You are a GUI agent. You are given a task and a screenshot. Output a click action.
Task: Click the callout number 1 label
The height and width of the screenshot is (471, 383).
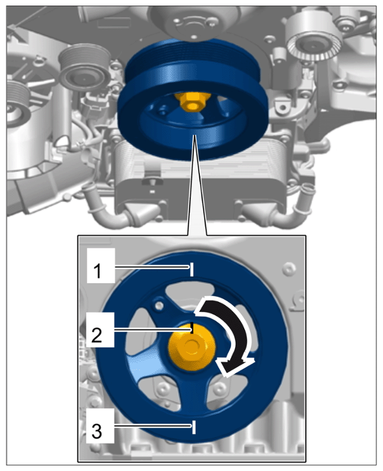pos(97,271)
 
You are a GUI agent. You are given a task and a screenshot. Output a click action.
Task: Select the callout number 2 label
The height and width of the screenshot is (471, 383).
pos(97,335)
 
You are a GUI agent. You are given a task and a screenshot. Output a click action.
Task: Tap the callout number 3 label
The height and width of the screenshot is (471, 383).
pos(97,431)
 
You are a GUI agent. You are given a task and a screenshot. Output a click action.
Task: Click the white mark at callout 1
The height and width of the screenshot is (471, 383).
pos(191,269)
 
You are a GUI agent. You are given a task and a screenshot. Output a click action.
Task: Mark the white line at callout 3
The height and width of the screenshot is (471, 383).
pos(194,427)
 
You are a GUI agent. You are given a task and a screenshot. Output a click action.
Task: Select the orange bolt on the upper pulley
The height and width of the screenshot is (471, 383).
pos(193,101)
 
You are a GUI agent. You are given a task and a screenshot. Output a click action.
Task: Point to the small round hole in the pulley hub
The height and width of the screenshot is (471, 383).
pos(159,305)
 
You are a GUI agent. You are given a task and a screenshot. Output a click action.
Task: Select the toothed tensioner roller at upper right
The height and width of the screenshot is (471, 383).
pos(313,40)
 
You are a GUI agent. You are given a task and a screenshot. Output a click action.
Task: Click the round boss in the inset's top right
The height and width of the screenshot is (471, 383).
pos(289,268)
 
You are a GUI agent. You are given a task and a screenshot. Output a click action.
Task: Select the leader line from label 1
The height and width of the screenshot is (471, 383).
pos(152,267)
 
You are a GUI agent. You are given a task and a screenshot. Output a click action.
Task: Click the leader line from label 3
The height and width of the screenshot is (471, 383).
pos(153,425)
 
